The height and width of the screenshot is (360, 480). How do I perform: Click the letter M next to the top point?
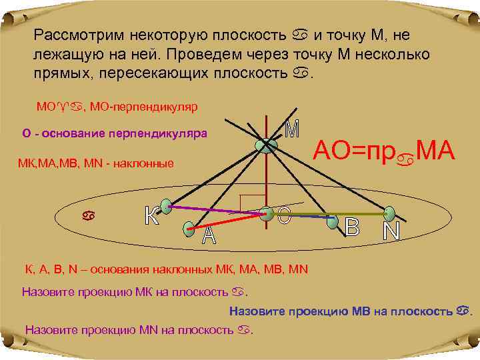click(291, 129)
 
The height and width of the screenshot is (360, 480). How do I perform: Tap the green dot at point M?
click(266, 145)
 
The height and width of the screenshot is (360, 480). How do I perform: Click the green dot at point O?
click(267, 213)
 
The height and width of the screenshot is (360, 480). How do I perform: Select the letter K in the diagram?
click(152, 215)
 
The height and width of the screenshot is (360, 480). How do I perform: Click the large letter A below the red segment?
click(209, 236)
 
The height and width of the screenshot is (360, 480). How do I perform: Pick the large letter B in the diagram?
click(351, 227)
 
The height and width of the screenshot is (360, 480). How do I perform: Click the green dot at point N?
click(389, 214)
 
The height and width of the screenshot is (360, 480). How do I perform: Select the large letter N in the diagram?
click(391, 231)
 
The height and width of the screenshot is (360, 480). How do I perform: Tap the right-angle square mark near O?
click(252, 203)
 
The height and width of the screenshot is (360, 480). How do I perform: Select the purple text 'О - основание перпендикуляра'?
click(115, 134)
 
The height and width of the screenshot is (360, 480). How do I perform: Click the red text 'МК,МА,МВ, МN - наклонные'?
click(97, 163)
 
